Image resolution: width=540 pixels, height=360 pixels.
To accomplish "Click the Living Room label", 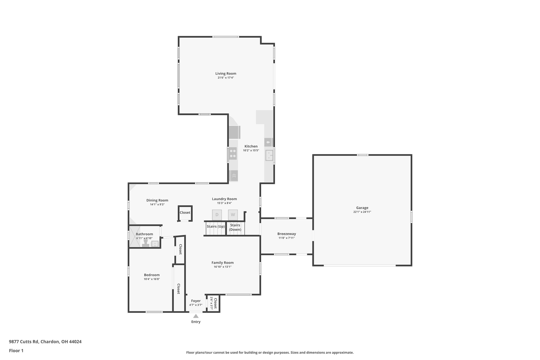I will pyautogui.click(x=226, y=74).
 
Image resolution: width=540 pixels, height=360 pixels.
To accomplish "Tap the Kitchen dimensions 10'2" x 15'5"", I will pyautogui.click(x=251, y=150).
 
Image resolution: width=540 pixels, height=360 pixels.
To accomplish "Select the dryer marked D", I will pyautogui.click(x=217, y=215).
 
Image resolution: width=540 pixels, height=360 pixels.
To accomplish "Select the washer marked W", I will pyautogui.click(x=233, y=215).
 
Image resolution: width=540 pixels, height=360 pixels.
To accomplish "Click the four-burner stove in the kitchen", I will pyautogui.click(x=233, y=153).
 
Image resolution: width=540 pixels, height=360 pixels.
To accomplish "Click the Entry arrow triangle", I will pyautogui.click(x=196, y=316).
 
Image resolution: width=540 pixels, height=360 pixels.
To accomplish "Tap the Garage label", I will pyautogui.click(x=362, y=208).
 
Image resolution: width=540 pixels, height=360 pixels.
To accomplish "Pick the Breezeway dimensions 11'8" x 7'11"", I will pyautogui.click(x=287, y=238).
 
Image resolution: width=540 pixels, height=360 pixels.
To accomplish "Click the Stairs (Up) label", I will pyautogui.click(x=215, y=226).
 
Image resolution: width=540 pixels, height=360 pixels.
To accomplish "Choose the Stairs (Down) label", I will pyautogui.click(x=235, y=227).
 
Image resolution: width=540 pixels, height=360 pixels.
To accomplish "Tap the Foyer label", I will pyautogui.click(x=196, y=301).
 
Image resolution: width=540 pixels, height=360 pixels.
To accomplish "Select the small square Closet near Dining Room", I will pyautogui.click(x=185, y=213).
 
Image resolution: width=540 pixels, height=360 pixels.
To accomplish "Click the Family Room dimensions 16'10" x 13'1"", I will pyautogui.click(x=223, y=267).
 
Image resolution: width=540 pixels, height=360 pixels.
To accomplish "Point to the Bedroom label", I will pyautogui.click(x=152, y=275).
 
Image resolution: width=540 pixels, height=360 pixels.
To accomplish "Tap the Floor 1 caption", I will pyautogui.click(x=16, y=351).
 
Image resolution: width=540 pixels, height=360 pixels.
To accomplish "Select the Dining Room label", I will pyautogui.click(x=157, y=200).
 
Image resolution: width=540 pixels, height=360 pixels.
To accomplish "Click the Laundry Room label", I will pyautogui.click(x=224, y=199).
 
